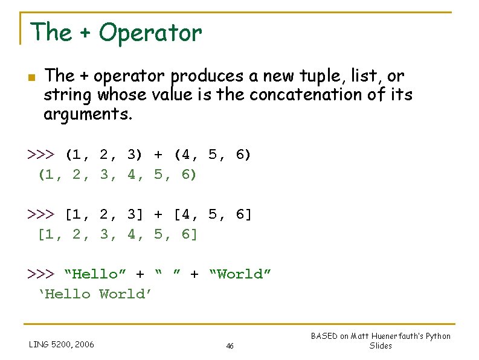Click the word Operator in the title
tap(150, 32)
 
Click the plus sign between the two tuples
tap(158, 155)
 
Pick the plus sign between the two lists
tap(158, 214)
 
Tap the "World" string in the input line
tap(240, 274)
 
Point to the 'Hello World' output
tap(95, 294)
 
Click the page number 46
tap(230, 346)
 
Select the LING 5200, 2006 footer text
tap(61, 345)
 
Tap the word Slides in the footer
tap(381, 346)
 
